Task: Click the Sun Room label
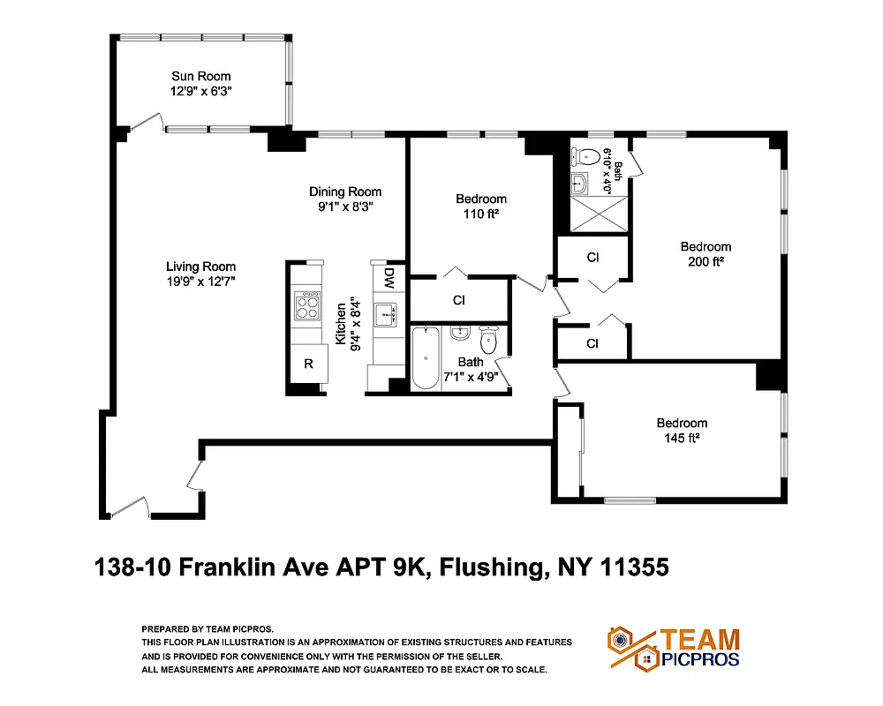click(x=200, y=76)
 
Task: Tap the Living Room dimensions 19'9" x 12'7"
click(x=200, y=282)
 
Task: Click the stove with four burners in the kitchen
click(x=307, y=305)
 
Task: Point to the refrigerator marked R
click(x=308, y=364)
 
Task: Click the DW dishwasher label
click(x=389, y=278)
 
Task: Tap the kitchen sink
click(x=387, y=314)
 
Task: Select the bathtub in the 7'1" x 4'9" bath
click(x=426, y=357)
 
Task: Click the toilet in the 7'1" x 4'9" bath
click(x=489, y=339)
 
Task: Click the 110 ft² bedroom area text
click(x=480, y=214)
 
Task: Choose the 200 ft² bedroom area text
click(x=706, y=261)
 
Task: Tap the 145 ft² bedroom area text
click(x=681, y=438)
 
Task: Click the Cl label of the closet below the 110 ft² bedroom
click(x=458, y=300)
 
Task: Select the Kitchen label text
click(x=340, y=327)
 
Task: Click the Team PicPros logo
click(x=673, y=648)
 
